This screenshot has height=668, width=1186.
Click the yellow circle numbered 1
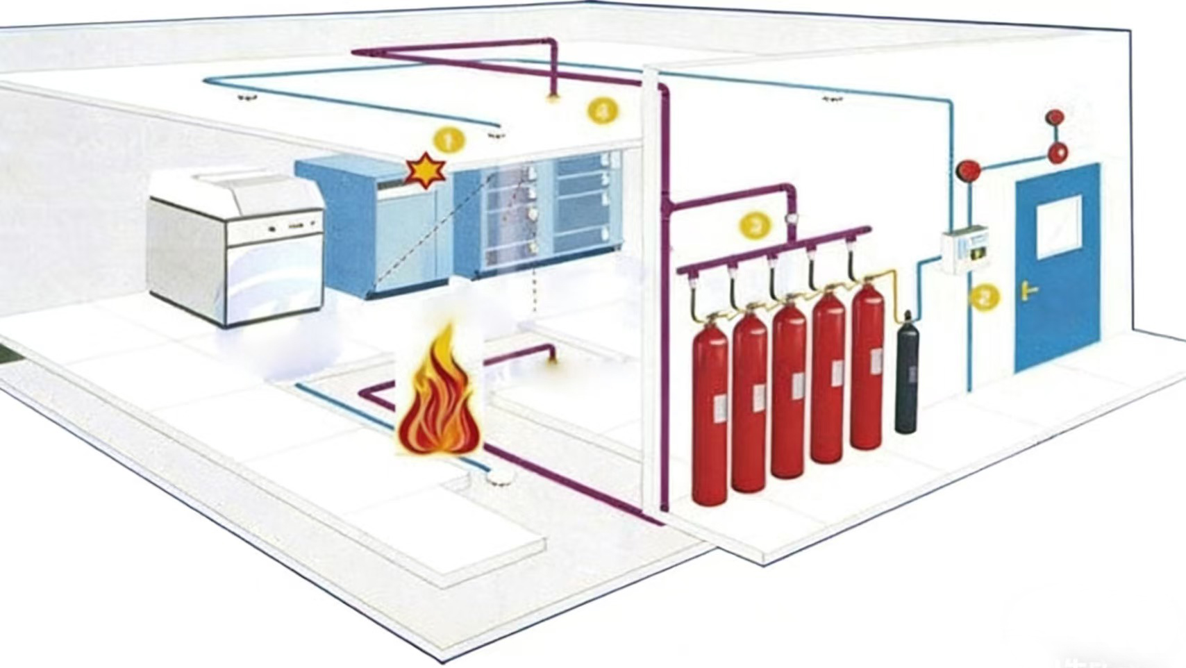[x=449, y=141]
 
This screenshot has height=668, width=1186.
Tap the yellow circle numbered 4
[x=602, y=110]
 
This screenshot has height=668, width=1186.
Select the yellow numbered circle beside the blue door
[x=984, y=297]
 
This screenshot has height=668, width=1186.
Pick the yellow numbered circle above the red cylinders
[x=755, y=225]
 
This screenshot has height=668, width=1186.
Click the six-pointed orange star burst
[x=426, y=171]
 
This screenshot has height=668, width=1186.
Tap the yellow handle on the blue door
[x=1028, y=290]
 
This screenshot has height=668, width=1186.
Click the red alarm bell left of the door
[x=969, y=169]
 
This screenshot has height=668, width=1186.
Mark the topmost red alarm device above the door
[x=1055, y=117]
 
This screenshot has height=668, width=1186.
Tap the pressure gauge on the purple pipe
[x=791, y=219]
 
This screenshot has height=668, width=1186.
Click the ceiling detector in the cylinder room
[x=832, y=99]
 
